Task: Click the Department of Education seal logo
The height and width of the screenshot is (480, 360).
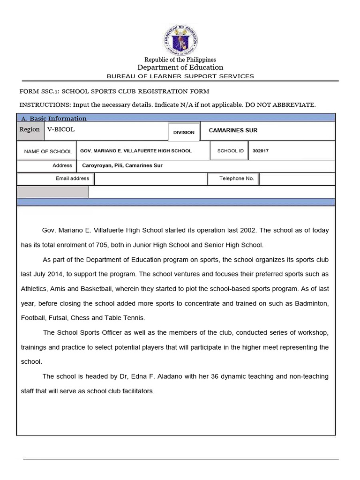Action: tap(180, 38)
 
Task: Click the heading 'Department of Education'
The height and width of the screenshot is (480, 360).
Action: tap(180, 67)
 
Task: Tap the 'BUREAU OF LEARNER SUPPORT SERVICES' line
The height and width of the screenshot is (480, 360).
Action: tap(180, 76)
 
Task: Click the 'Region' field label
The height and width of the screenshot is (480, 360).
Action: tap(30, 129)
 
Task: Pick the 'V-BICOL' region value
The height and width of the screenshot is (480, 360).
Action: tap(61, 129)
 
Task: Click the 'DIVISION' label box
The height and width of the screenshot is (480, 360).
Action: tap(184, 132)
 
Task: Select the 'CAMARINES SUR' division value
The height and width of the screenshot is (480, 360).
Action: tap(233, 130)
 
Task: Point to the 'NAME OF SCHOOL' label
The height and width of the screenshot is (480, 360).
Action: tap(48, 151)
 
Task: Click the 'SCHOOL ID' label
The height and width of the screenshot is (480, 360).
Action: tap(231, 151)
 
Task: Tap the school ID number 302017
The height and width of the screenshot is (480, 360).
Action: tap(261, 151)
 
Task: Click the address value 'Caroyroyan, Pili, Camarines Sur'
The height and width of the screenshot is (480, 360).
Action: tap(122, 165)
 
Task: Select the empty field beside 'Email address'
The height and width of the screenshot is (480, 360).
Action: tap(150, 179)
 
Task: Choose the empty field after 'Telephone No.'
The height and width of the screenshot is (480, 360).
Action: tap(297, 179)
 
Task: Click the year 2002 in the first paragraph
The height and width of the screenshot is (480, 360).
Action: tap(248, 231)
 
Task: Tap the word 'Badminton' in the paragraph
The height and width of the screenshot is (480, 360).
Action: tap(312, 303)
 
